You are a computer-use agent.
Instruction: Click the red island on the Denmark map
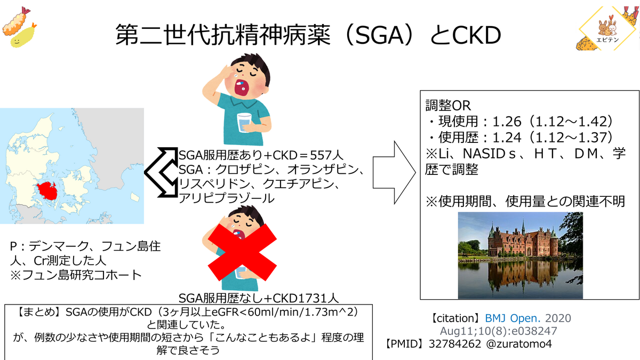pyautogui.click(x=47, y=190)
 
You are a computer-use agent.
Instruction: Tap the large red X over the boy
pyautogui.click(x=242, y=252)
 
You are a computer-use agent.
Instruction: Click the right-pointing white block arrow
pyautogui.click(x=394, y=173)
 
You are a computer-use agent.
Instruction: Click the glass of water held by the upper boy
pyautogui.click(x=244, y=123)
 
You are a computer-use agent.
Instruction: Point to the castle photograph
pyautogui.click(x=521, y=255)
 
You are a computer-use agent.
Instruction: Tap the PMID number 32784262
pyautogui.click(x=455, y=343)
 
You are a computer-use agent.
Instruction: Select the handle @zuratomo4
pyautogui.click(x=519, y=343)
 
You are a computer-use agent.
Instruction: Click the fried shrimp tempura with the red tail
pyautogui.click(x=15, y=21)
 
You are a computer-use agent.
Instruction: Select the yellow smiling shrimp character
pyautogui.click(x=23, y=35)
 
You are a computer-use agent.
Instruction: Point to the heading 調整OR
pyautogui.click(x=448, y=106)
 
